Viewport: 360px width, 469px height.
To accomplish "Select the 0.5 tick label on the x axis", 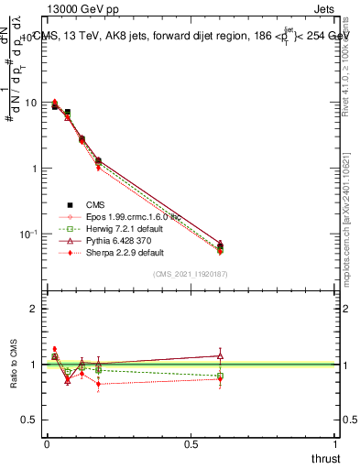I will coord(191,443).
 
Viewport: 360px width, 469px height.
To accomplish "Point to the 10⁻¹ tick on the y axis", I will coord(28,234).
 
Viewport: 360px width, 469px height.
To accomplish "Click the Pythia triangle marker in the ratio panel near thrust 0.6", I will coord(219,355).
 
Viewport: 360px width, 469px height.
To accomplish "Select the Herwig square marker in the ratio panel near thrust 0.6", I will coord(219,376).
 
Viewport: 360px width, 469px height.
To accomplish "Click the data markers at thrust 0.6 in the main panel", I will coord(219,246).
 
